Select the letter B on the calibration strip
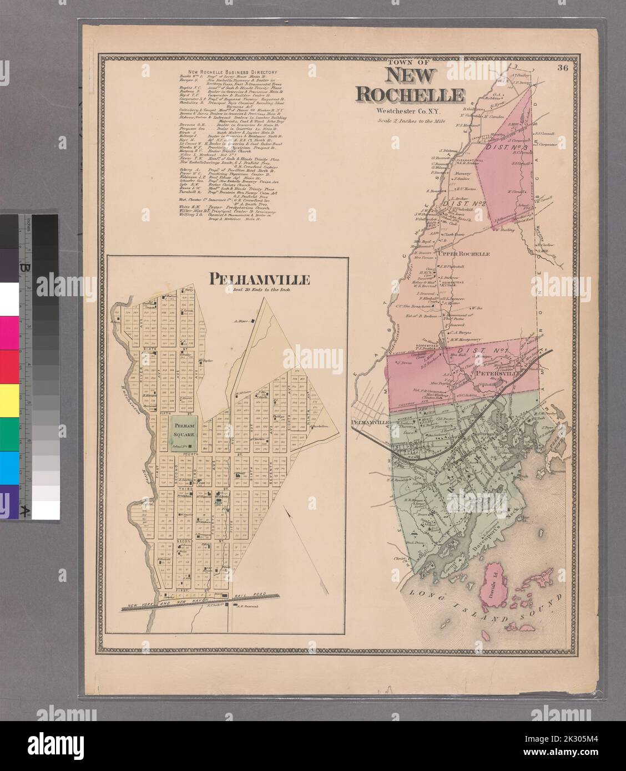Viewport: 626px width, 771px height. coord(24,268)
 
